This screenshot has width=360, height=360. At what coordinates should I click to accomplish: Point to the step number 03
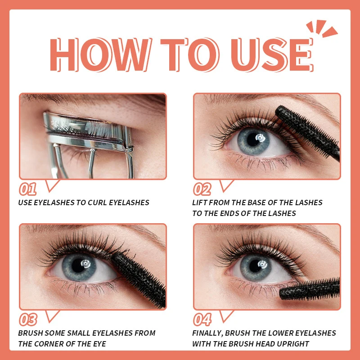click(28, 319)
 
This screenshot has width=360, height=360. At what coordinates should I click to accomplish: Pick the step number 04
click(202, 319)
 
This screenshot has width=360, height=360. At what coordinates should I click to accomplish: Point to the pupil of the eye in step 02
click(260, 138)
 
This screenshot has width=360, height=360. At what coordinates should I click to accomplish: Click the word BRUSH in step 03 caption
click(31, 333)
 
